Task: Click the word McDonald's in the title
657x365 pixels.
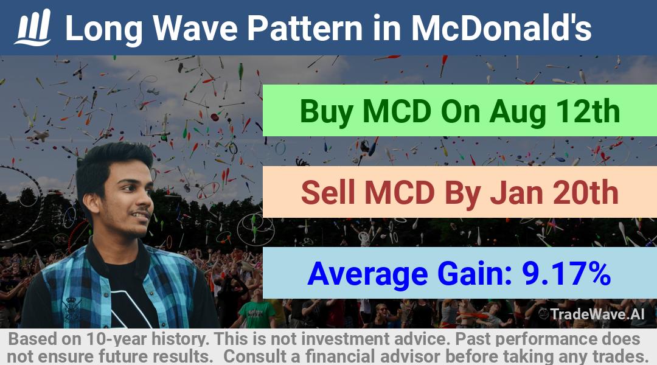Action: click(501, 28)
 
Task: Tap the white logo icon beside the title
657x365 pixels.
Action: click(33, 27)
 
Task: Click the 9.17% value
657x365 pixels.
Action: click(566, 274)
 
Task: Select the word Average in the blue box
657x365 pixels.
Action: click(367, 274)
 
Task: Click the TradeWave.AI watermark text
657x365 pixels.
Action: click(597, 314)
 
